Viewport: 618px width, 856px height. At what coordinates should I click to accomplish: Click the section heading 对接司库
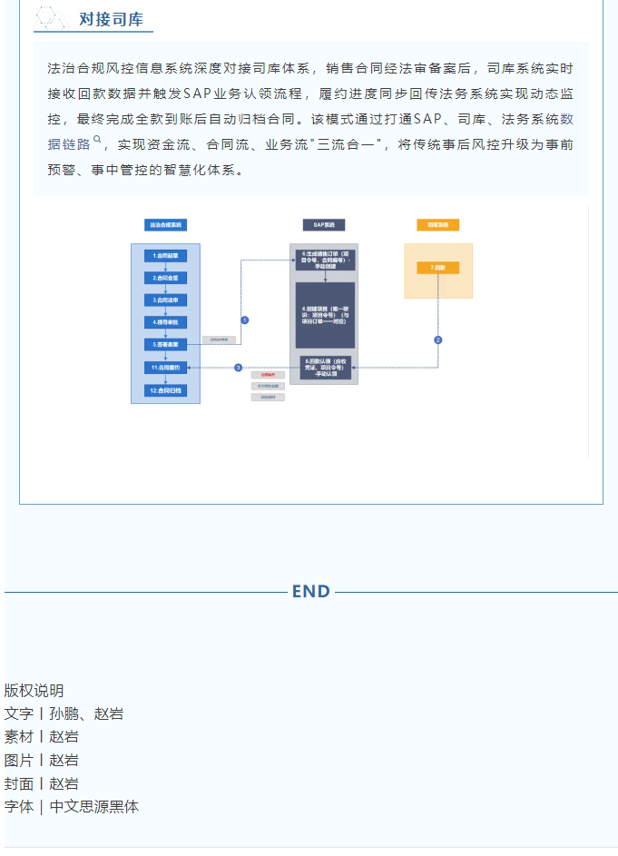click(x=111, y=19)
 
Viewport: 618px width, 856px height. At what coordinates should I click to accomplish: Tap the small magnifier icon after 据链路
click(x=97, y=140)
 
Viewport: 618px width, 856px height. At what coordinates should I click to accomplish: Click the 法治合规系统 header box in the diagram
click(x=165, y=224)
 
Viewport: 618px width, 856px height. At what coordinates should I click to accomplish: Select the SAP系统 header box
click(x=324, y=224)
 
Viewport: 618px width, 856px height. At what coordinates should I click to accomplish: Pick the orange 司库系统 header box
click(x=438, y=224)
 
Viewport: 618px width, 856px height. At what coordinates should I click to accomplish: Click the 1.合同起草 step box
click(x=165, y=256)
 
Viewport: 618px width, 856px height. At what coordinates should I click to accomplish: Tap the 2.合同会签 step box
click(x=165, y=278)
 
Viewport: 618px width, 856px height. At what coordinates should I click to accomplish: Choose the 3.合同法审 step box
click(x=165, y=300)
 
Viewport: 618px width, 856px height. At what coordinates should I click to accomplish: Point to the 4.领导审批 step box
click(x=165, y=322)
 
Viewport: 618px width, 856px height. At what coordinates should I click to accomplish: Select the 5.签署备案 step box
click(x=165, y=345)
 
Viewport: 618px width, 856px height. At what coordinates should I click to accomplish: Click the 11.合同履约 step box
click(x=165, y=368)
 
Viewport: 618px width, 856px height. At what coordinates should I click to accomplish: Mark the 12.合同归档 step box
click(x=165, y=390)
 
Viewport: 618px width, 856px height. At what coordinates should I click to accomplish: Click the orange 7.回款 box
click(x=438, y=268)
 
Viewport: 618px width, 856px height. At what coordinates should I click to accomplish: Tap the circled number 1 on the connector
click(x=244, y=320)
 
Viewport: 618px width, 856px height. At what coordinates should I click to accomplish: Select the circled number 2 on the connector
click(x=438, y=339)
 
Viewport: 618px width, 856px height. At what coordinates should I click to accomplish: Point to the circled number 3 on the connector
click(x=239, y=368)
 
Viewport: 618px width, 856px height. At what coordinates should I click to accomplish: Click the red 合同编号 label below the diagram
click(x=268, y=374)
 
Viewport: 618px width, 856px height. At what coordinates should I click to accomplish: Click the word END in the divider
click(x=310, y=592)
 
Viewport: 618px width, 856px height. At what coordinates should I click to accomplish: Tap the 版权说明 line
click(x=34, y=691)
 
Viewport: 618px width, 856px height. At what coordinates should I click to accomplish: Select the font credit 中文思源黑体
click(x=94, y=807)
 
